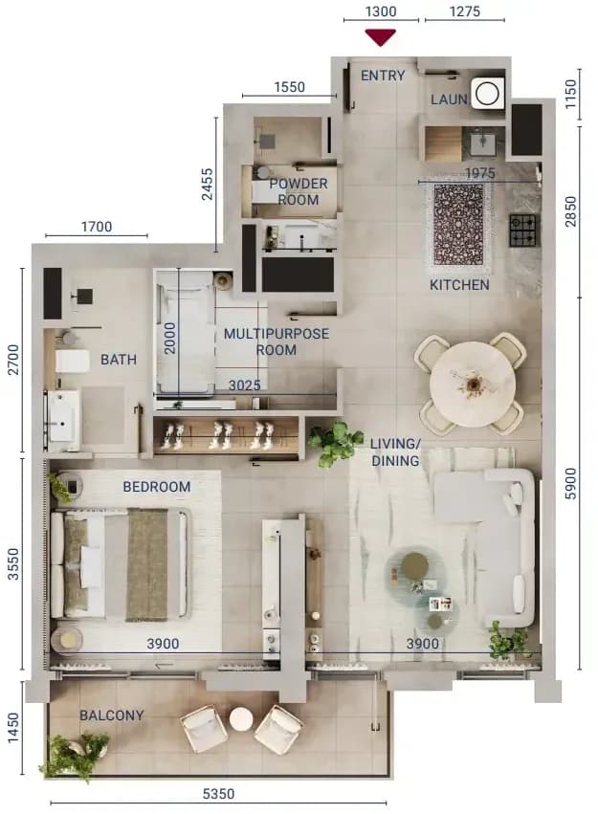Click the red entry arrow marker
click(381, 37)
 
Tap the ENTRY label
click(383, 76)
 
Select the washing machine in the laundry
click(487, 94)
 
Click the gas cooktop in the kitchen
click(524, 230)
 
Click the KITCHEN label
click(459, 284)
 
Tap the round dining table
click(473, 385)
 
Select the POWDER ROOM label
click(299, 191)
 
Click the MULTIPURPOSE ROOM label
click(277, 341)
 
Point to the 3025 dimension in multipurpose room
click(245, 385)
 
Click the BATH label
click(119, 360)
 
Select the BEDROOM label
click(157, 487)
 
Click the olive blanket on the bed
click(147, 564)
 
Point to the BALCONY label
click(112, 715)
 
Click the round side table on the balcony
click(241, 719)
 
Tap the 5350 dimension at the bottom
click(218, 794)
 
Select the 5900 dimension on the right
click(570, 483)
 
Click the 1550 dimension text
click(290, 87)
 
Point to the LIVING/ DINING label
click(395, 452)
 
